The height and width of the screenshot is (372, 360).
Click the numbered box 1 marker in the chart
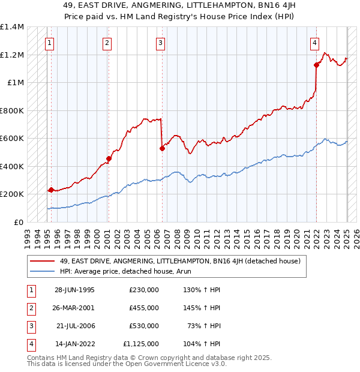click(x=49, y=43)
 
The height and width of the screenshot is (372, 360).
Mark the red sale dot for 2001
click(x=109, y=159)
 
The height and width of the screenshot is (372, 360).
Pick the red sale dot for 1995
click(x=51, y=190)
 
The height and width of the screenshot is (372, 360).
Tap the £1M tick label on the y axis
click(x=15, y=83)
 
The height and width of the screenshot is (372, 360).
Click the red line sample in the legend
click(x=43, y=260)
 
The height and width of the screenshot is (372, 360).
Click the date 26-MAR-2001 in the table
click(x=75, y=308)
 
